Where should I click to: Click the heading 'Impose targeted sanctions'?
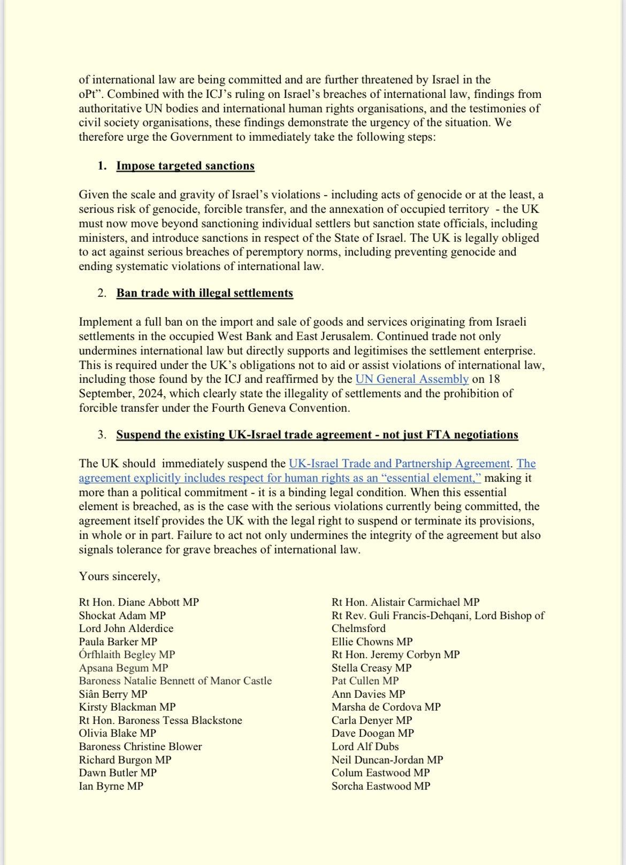[x=185, y=166]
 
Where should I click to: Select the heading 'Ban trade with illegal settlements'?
[x=204, y=293]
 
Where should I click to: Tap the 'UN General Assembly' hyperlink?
[x=412, y=379]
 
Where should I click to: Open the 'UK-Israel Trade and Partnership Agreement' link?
[x=399, y=464]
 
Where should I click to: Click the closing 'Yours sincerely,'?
[x=119, y=576]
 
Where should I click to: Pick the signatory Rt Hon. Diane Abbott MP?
[x=139, y=602]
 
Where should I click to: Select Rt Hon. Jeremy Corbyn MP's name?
[x=395, y=654]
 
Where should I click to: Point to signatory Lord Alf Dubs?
[x=365, y=746]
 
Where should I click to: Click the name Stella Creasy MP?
[x=371, y=668]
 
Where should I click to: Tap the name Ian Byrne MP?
[x=111, y=786]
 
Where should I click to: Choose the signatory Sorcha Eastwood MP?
[x=380, y=786]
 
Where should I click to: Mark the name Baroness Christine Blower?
[x=140, y=746]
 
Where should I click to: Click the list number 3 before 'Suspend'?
[x=102, y=435]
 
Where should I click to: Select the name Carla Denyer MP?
[x=371, y=720]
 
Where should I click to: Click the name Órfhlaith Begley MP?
[x=127, y=654]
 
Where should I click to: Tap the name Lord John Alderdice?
[x=126, y=628]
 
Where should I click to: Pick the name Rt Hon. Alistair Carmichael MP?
[x=406, y=602]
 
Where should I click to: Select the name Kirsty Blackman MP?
[x=127, y=707]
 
